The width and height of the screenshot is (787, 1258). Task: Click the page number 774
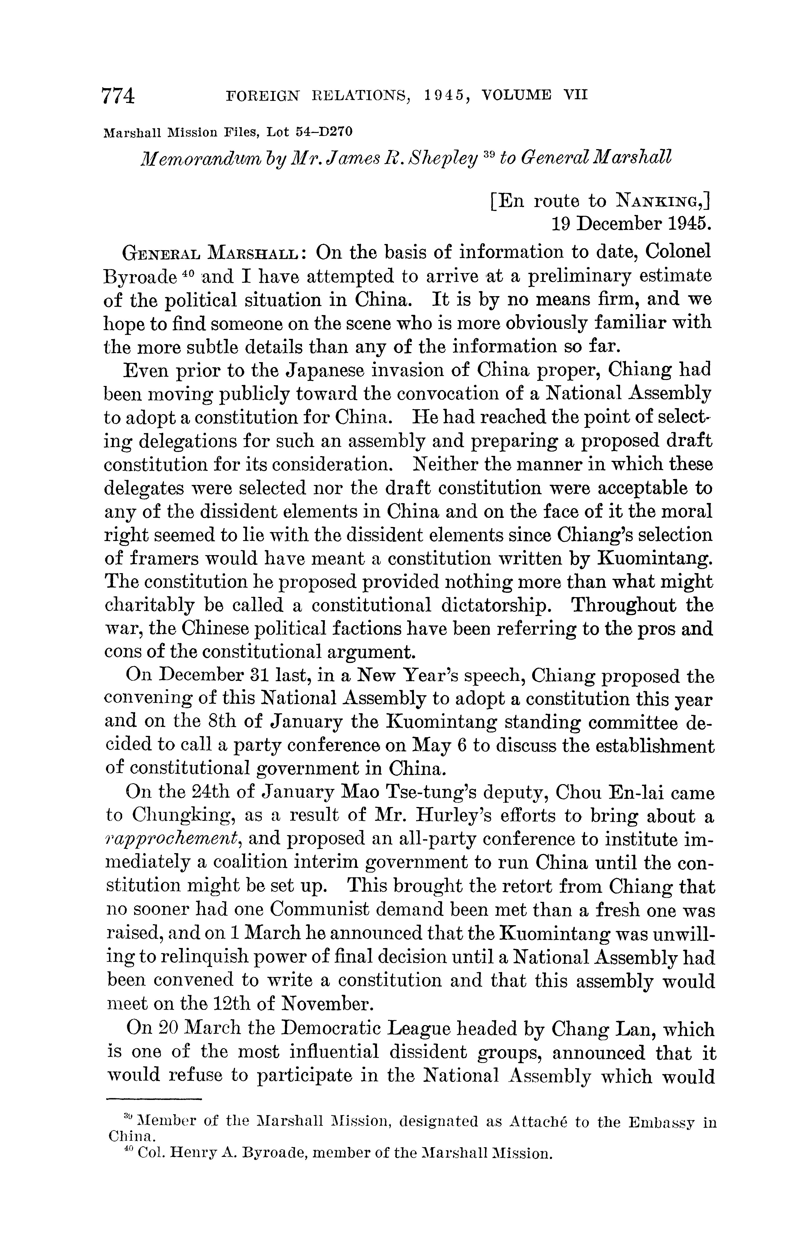point(119,97)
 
